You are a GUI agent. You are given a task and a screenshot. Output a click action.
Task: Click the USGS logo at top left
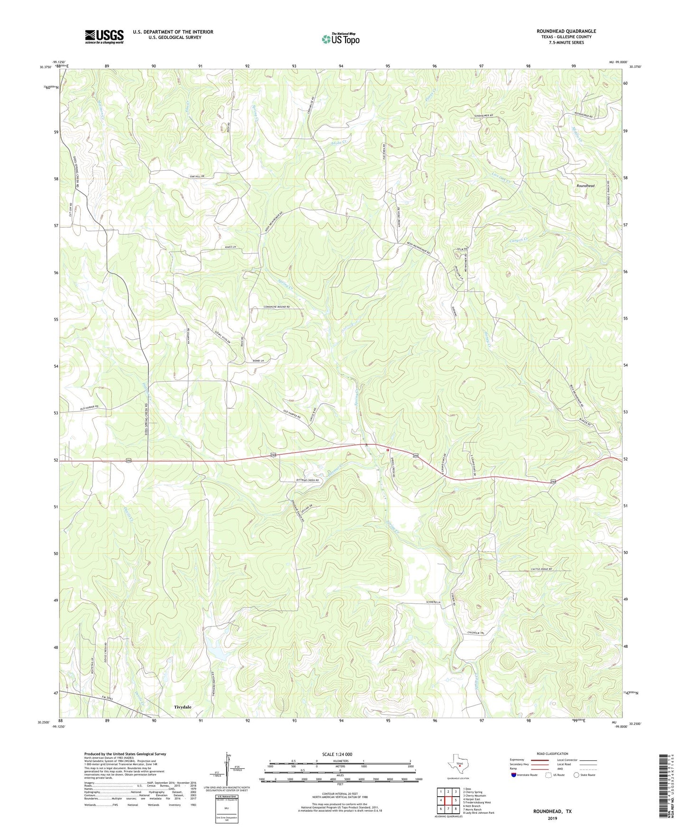click(x=104, y=37)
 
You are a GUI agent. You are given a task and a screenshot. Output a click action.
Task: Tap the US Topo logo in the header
click(x=340, y=39)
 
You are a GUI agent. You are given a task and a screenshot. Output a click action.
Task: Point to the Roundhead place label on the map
click(x=585, y=186)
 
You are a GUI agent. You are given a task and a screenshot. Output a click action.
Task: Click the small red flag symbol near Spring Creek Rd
click(x=387, y=450)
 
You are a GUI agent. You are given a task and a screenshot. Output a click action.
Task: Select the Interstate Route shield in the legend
click(x=514, y=775)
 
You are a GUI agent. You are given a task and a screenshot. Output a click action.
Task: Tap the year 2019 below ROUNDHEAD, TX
click(x=552, y=819)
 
